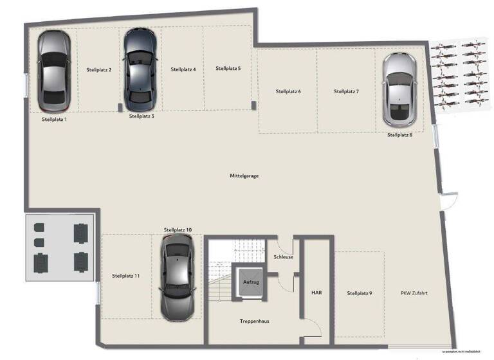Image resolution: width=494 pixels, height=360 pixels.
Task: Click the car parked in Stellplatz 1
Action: click(x=54, y=71)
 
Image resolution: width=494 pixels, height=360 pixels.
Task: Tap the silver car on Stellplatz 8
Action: click(x=400, y=89)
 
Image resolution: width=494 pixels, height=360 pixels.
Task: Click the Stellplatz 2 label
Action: click(x=99, y=69)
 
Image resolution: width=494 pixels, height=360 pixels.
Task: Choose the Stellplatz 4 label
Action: click(x=183, y=69)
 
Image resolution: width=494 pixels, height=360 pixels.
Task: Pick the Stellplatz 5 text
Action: click(x=228, y=68)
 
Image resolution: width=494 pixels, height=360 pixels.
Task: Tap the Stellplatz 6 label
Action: click(x=288, y=91)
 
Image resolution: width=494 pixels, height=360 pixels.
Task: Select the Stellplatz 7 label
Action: click(x=346, y=91)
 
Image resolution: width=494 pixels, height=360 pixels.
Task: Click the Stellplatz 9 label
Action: click(x=360, y=293)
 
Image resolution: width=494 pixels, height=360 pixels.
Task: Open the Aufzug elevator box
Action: click(x=250, y=282)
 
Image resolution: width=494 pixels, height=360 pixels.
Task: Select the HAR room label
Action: click(x=316, y=292)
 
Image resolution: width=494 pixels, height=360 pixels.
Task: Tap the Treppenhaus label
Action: click(x=254, y=320)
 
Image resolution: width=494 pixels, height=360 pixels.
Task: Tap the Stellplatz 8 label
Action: click(x=399, y=135)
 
